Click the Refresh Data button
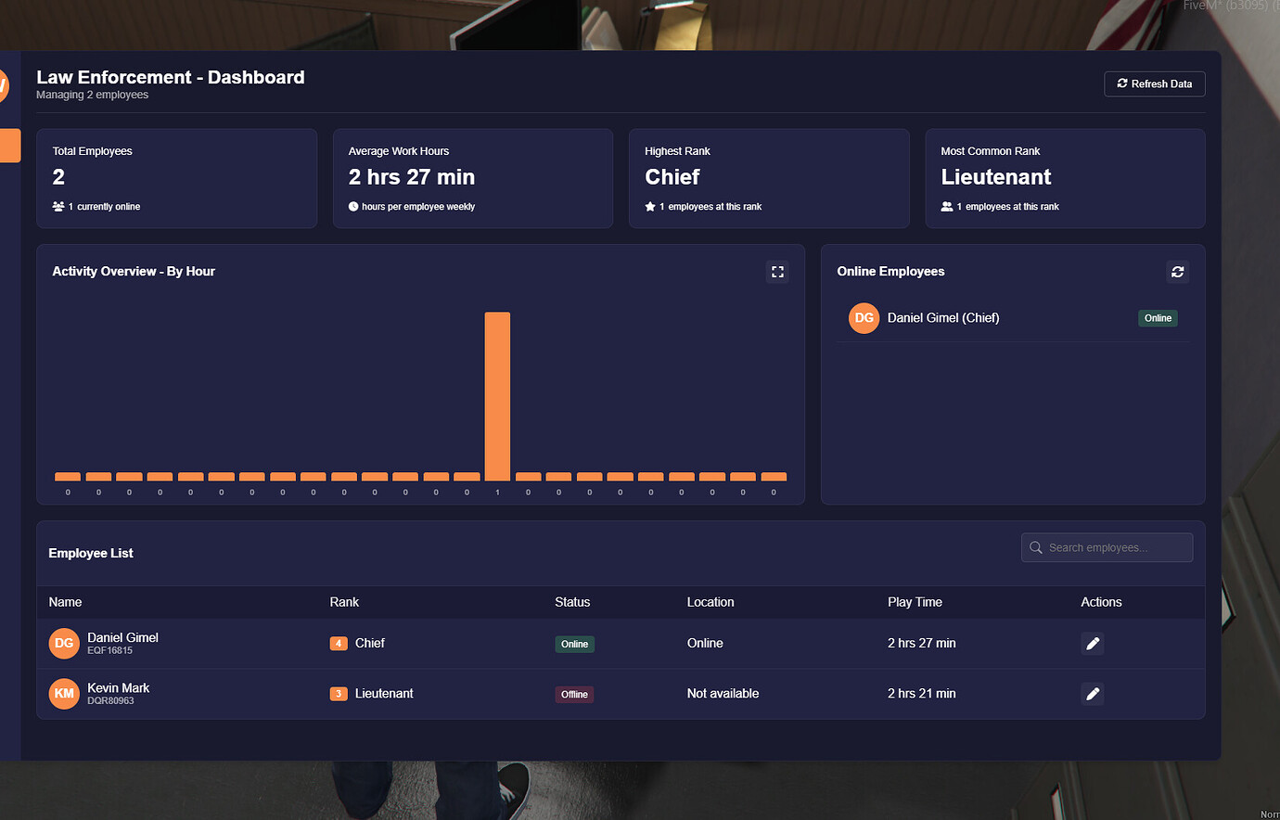1155,83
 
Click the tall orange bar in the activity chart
497,396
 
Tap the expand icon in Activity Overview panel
777,272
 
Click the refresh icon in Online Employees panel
1177,272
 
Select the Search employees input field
1107,547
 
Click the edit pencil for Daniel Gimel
1093,644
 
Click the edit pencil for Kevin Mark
1093,694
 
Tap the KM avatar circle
64,694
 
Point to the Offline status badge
574,694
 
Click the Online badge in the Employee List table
574,644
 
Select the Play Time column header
915,602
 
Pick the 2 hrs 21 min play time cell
921,694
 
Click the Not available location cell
723,694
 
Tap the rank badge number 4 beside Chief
339,644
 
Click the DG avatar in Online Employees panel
864,317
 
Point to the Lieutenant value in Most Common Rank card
995,177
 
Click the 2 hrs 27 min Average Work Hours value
411,177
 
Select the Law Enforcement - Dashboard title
170,78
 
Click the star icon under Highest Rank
650,207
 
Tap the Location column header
710,602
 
